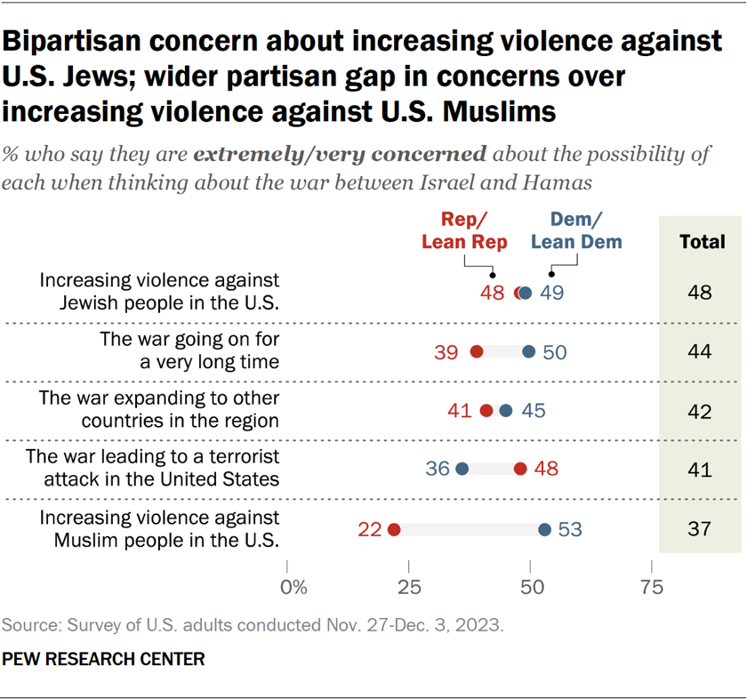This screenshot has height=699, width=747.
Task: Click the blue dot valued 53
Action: pyautogui.click(x=545, y=529)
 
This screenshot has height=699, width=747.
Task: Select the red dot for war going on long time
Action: pyautogui.click(x=476, y=352)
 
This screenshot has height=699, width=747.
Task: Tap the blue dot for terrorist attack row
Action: pyautogui.click(x=462, y=469)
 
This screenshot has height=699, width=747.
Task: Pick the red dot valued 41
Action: pyautogui.click(x=486, y=410)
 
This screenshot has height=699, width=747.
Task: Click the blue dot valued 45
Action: pyautogui.click(x=506, y=410)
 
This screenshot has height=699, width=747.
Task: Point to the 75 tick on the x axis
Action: pyautogui.click(x=652, y=587)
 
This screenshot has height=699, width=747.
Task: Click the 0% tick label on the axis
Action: pyautogui.click(x=293, y=587)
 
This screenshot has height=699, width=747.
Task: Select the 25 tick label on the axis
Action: pyautogui.click(x=409, y=587)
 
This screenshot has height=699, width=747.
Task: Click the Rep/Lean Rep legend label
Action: pyautogui.click(x=464, y=231)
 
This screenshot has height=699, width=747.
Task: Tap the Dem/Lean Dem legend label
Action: pyautogui.click(x=575, y=231)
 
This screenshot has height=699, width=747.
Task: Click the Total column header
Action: pyautogui.click(x=700, y=240)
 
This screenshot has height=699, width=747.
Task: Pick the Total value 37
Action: pyautogui.click(x=700, y=529)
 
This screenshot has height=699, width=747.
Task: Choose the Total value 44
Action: pyautogui.click(x=700, y=352)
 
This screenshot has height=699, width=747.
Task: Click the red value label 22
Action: pyautogui.click(x=370, y=529)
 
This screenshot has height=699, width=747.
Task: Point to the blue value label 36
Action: pyautogui.click(x=437, y=469)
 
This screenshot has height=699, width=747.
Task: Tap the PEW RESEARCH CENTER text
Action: pyautogui.click(x=104, y=659)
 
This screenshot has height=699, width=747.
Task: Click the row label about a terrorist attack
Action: pyautogui.click(x=153, y=468)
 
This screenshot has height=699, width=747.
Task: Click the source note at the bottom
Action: pyautogui.click(x=253, y=625)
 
